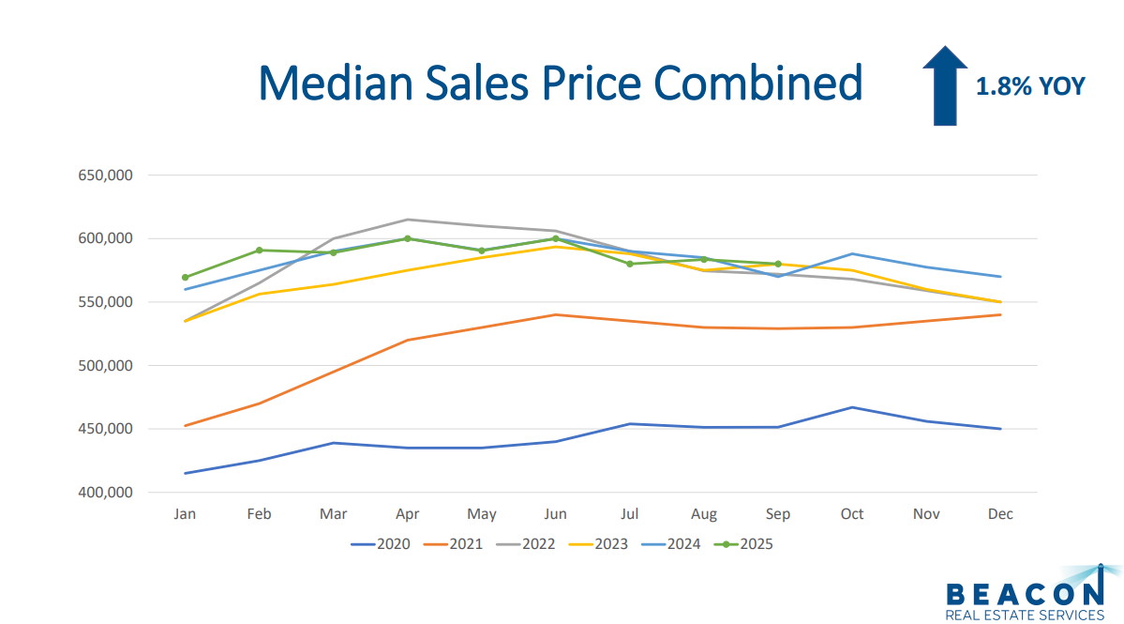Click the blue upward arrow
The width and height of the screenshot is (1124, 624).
click(945, 85)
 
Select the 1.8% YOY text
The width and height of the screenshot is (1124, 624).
click(1030, 87)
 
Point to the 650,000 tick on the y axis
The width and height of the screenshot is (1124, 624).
click(103, 175)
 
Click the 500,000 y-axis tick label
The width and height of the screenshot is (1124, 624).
click(103, 366)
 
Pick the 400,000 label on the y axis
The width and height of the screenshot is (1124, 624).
click(103, 493)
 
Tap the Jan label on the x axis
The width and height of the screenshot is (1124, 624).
click(185, 514)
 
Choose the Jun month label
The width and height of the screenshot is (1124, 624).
click(556, 514)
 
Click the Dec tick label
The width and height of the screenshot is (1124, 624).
click(1000, 514)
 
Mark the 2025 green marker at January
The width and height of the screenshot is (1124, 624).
click(186, 278)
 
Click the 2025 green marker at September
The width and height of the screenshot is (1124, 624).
click(778, 264)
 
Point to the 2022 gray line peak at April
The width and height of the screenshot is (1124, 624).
click(407, 220)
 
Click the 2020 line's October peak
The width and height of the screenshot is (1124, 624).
click(852, 407)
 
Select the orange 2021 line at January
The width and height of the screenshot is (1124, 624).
click(186, 426)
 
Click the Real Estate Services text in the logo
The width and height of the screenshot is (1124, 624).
click(1025, 616)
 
